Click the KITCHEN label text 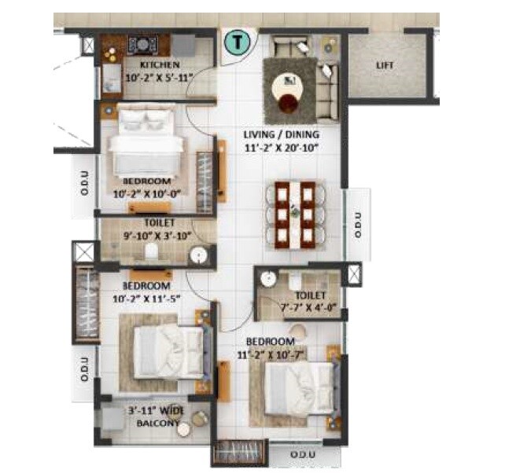click(160, 64)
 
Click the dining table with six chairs click(290, 213)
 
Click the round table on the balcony click(184, 430)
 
